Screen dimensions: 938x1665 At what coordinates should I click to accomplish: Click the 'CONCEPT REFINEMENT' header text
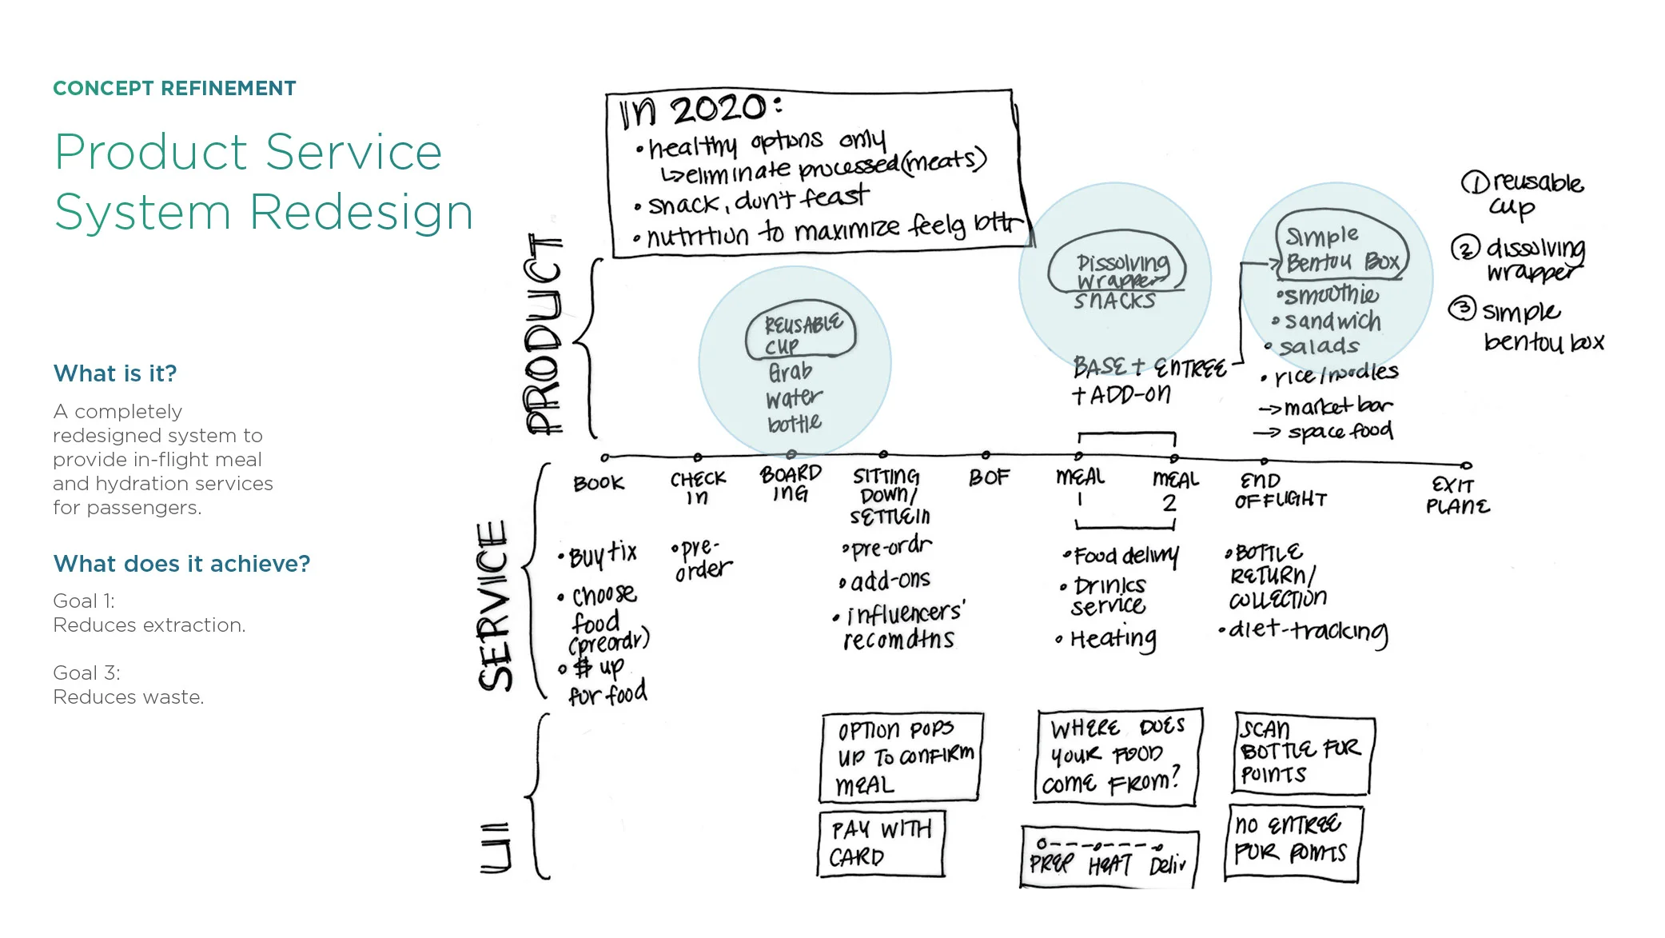(174, 88)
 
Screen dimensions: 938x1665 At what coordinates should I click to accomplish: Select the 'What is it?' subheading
(115, 373)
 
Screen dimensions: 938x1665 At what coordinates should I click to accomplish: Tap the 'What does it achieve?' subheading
(181, 564)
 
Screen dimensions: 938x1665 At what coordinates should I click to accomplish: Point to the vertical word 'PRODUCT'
(544, 334)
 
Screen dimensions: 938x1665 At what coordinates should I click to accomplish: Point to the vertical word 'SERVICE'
(494, 605)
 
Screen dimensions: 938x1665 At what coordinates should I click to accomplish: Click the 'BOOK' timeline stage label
(598, 483)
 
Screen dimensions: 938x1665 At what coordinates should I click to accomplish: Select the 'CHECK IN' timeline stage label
(698, 487)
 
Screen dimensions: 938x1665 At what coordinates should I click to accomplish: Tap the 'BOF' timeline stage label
(989, 477)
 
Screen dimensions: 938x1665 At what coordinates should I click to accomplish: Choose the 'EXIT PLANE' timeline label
(1457, 496)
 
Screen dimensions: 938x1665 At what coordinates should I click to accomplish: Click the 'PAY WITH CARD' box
(881, 844)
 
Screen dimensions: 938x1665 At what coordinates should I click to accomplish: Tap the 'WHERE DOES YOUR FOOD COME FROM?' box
(1117, 756)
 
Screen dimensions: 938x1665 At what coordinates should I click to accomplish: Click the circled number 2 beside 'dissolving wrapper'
(1465, 249)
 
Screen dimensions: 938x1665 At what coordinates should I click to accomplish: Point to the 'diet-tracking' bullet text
(1307, 632)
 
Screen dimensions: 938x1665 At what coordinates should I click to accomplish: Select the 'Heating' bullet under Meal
(1112, 638)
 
